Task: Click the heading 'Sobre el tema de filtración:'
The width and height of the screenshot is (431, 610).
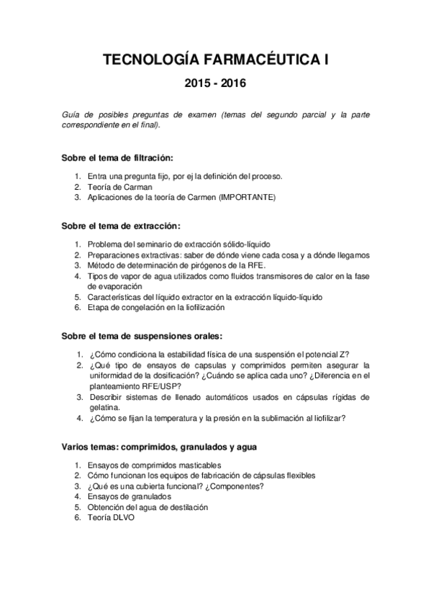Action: coord(118,158)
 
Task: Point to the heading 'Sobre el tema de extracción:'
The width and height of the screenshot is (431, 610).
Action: coord(119,226)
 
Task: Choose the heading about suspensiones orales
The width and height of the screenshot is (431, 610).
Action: coord(142,335)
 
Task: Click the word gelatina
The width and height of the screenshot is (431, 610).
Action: coord(104,406)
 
